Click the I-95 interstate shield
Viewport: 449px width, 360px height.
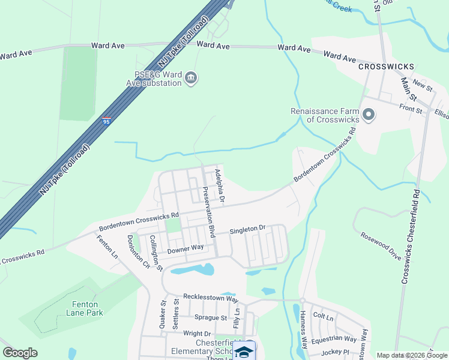pyautogui.click(x=106, y=122)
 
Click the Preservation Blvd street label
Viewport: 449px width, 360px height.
pyautogui.click(x=208, y=211)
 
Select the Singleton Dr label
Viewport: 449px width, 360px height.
pyautogui.click(x=248, y=229)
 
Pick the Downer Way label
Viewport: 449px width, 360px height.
pyautogui.click(x=185, y=248)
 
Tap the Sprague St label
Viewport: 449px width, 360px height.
pyautogui.click(x=210, y=317)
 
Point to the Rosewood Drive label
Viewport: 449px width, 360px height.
pyautogui.click(x=380, y=245)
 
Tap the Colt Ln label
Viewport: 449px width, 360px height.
pyautogui.click(x=323, y=316)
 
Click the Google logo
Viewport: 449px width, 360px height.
pyautogui.click(x=20, y=353)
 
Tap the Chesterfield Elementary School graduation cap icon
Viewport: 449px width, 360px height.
pyautogui.click(x=244, y=352)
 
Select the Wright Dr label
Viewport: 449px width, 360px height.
pyautogui.click(x=197, y=334)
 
